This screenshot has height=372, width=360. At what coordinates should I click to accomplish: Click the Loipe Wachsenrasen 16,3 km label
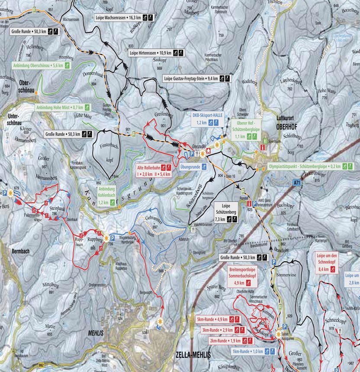(x=123, y=18)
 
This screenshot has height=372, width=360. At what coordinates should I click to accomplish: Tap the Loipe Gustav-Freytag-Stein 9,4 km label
(x=196, y=78)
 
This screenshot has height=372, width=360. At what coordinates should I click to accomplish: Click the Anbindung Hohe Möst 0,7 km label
(x=62, y=107)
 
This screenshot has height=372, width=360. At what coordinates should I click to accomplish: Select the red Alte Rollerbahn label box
(x=154, y=170)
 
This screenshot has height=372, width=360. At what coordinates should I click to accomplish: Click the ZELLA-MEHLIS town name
(x=193, y=354)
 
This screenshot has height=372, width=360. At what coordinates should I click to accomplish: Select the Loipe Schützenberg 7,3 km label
(x=225, y=212)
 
